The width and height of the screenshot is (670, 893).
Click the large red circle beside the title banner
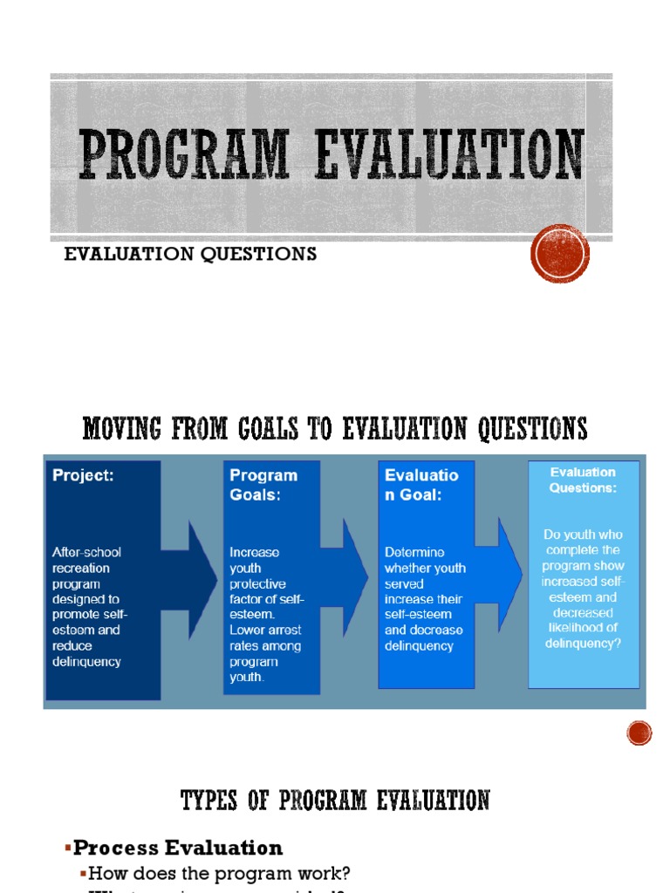560,254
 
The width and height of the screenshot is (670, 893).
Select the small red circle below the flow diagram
639,733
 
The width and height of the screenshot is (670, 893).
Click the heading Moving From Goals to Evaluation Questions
334,428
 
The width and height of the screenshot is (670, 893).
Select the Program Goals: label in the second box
263,483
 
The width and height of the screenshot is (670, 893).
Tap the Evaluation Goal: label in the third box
420,484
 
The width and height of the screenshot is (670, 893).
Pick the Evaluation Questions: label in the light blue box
583,481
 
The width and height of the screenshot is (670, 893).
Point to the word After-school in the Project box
86,552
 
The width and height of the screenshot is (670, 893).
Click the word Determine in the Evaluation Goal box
414,552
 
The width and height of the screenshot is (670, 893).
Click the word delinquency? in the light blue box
583,644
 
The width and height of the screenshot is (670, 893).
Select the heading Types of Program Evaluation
335,800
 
